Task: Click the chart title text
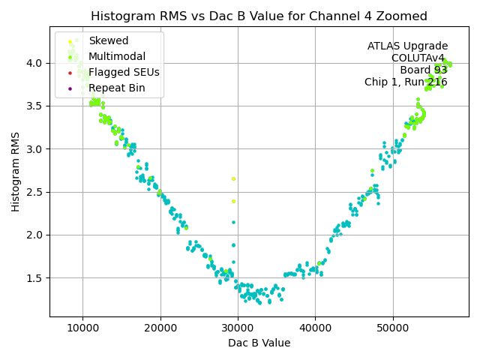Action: coord(259,16)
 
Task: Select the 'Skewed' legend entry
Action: coord(108,41)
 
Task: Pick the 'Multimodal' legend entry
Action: coord(116,57)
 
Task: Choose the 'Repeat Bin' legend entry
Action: coord(116,88)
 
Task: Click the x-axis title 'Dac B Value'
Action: coord(259,343)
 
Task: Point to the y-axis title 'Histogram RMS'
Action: coord(16,172)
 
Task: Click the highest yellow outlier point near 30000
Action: coord(233,178)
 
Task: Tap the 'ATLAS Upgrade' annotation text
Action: coord(407,46)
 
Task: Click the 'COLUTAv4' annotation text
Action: coord(419,58)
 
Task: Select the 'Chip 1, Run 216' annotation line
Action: coord(406,82)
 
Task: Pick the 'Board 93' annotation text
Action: coord(424,70)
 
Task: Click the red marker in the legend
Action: coord(70,73)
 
